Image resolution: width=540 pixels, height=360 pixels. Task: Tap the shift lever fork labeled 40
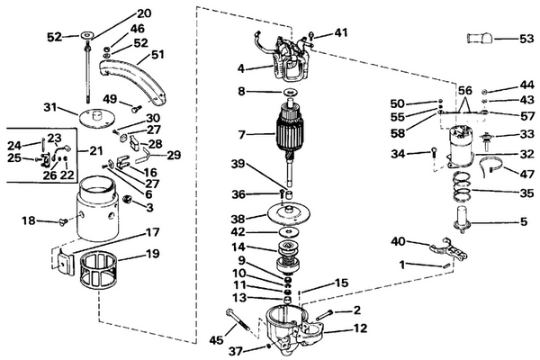[447, 248]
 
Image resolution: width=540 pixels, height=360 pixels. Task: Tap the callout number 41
[339, 33]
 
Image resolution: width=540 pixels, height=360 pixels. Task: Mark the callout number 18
[28, 220]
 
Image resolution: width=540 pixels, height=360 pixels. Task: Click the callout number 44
[526, 85]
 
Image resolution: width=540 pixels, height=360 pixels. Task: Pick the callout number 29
[173, 155]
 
